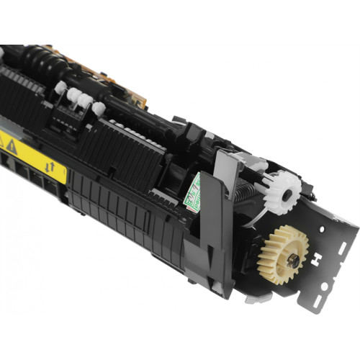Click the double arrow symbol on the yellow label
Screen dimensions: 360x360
pos(50,167)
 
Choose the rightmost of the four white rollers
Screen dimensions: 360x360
pos(98,109)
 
